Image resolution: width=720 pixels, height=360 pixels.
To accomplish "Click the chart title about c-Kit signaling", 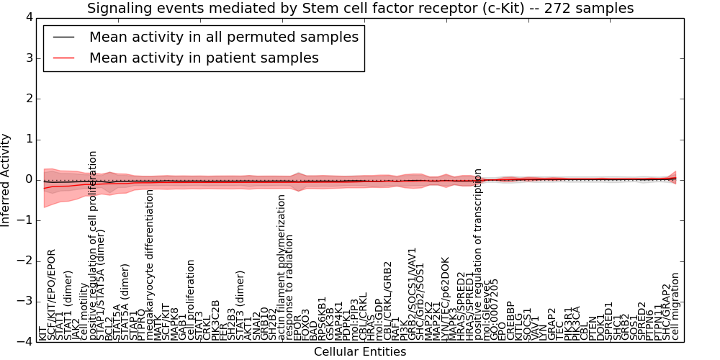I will [x=360, y=9].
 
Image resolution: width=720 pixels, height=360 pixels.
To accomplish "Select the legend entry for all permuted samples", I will [x=224, y=37].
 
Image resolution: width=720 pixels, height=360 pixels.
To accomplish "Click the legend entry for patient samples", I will [x=204, y=58].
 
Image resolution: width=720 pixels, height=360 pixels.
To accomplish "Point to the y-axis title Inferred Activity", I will [x=6, y=179].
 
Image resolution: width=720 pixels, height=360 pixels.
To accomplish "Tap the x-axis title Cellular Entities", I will [x=360, y=352].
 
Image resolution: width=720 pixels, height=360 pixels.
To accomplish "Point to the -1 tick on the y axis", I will [x=26, y=220].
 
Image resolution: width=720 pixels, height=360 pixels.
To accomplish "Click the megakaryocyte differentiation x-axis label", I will [x=150, y=265].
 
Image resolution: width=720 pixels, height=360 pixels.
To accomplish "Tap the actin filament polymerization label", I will [x=282, y=268].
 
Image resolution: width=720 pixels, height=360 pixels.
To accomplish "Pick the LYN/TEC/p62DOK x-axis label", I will [x=445, y=299].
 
